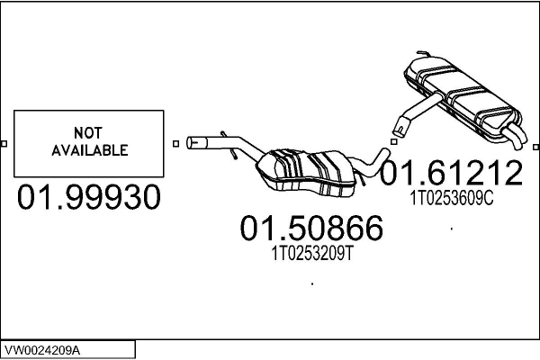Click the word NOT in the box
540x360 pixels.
pyautogui.click(x=88, y=132)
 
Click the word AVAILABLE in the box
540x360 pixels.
pyautogui.click(x=90, y=150)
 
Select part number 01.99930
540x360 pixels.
pyautogui.click(x=89, y=197)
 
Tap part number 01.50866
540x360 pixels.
pyautogui.click(x=311, y=228)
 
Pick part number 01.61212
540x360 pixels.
pyautogui.click(x=451, y=173)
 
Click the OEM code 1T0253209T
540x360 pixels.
pyautogui.click(x=312, y=254)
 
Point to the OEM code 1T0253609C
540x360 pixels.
pyautogui.click(x=452, y=198)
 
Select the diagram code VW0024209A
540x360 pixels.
pyautogui.click(x=42, y=350)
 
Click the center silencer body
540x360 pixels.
pyautogui.click(x=307, y=173)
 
